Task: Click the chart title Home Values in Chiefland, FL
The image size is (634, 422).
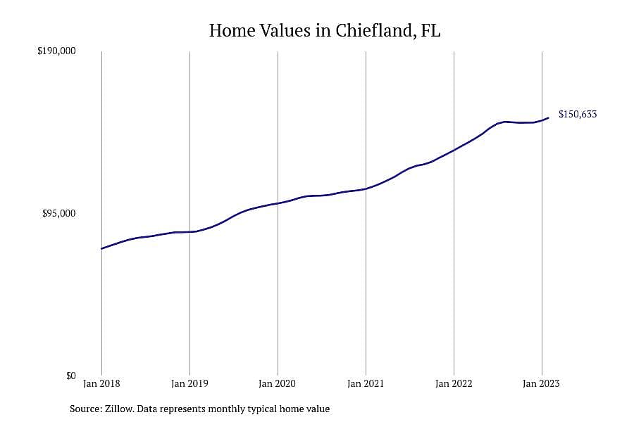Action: click(x=324, y=31)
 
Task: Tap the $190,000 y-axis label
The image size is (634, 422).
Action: click(x=56, y=51)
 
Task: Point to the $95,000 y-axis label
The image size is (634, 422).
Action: click(x=58, y=213)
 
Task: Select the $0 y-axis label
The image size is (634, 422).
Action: click(x=70, y=376)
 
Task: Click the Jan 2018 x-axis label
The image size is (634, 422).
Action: click(x=101, y=383)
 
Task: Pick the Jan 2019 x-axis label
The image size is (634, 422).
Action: click(x=189, y=383)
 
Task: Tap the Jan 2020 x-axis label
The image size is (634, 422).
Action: click(x=278, y=383)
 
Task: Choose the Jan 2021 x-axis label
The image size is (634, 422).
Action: click(x=366, y=383)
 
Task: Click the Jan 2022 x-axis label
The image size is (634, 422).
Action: click(x=454, y=383)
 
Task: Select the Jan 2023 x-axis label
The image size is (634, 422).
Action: click(x=542, y=383)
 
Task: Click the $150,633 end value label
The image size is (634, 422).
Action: click(x=578, y=114)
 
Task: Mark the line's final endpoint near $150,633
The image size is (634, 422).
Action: click(x=548, y=118)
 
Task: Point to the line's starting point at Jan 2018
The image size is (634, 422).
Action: click(x=101, y=248)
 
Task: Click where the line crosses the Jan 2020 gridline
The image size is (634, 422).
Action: click(x=278, y=203)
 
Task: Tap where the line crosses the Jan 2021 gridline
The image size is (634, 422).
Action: click(x=366, y=188)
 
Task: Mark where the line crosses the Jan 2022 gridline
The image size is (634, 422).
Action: click(x=454, y=151)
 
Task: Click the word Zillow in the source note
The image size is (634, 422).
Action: click(x=119, y=409)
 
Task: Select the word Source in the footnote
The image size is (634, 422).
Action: click(x=85, y=409)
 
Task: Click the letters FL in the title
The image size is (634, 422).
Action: click(x=430, y=30)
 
